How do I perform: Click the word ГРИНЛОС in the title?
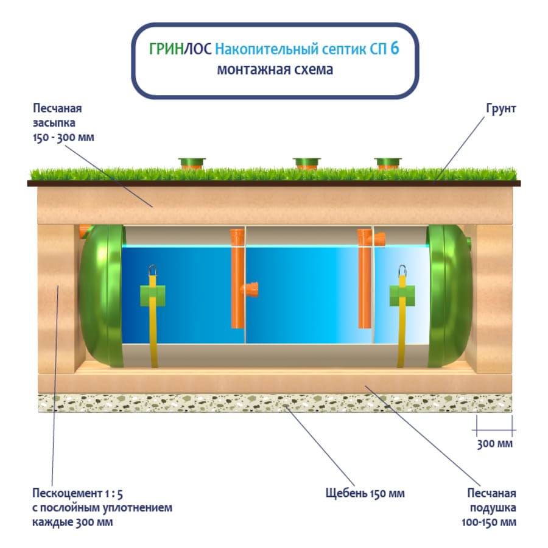pyautogui.click(x=180, y=49)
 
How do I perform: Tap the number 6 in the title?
pyautogui.click(x=395, y=48)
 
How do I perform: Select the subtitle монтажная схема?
pyautogui.click(x=275, y=69)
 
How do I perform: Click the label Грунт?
pyautogui.click(x=501, y=109)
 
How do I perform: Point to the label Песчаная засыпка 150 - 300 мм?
pyautogui.click(x=63, y=122)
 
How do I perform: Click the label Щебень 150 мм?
pyautogui.click(x=365, y=493)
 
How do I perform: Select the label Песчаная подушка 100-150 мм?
pyautogui.click(x=488, y=507)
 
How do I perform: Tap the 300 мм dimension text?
pyautogui.click(x=494, y=444)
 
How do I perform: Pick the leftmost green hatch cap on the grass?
pyautogui.click(x=192, y=163)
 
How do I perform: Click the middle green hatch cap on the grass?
pyautogui.click(x=306, y=163)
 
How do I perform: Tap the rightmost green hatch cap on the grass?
pyautogui.click(x=388, y=163)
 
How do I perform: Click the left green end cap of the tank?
pyautogui.click(x=101, y=296)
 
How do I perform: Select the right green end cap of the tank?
pyautogui.click(x=449, y=296)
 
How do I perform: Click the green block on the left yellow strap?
pyautogui.click(x=153, y=296)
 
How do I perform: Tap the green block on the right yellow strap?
pyautogui.click(x=402, y=296)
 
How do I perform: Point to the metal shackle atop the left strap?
pyautogui.click(x=153, y=270)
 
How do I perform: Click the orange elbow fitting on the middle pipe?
pyautogui.click(x=250, y=289)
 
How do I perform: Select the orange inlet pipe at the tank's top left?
pyautogui.click(x=84, y=231)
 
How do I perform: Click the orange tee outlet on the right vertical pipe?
pyautogui.click(x=379, y=239)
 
